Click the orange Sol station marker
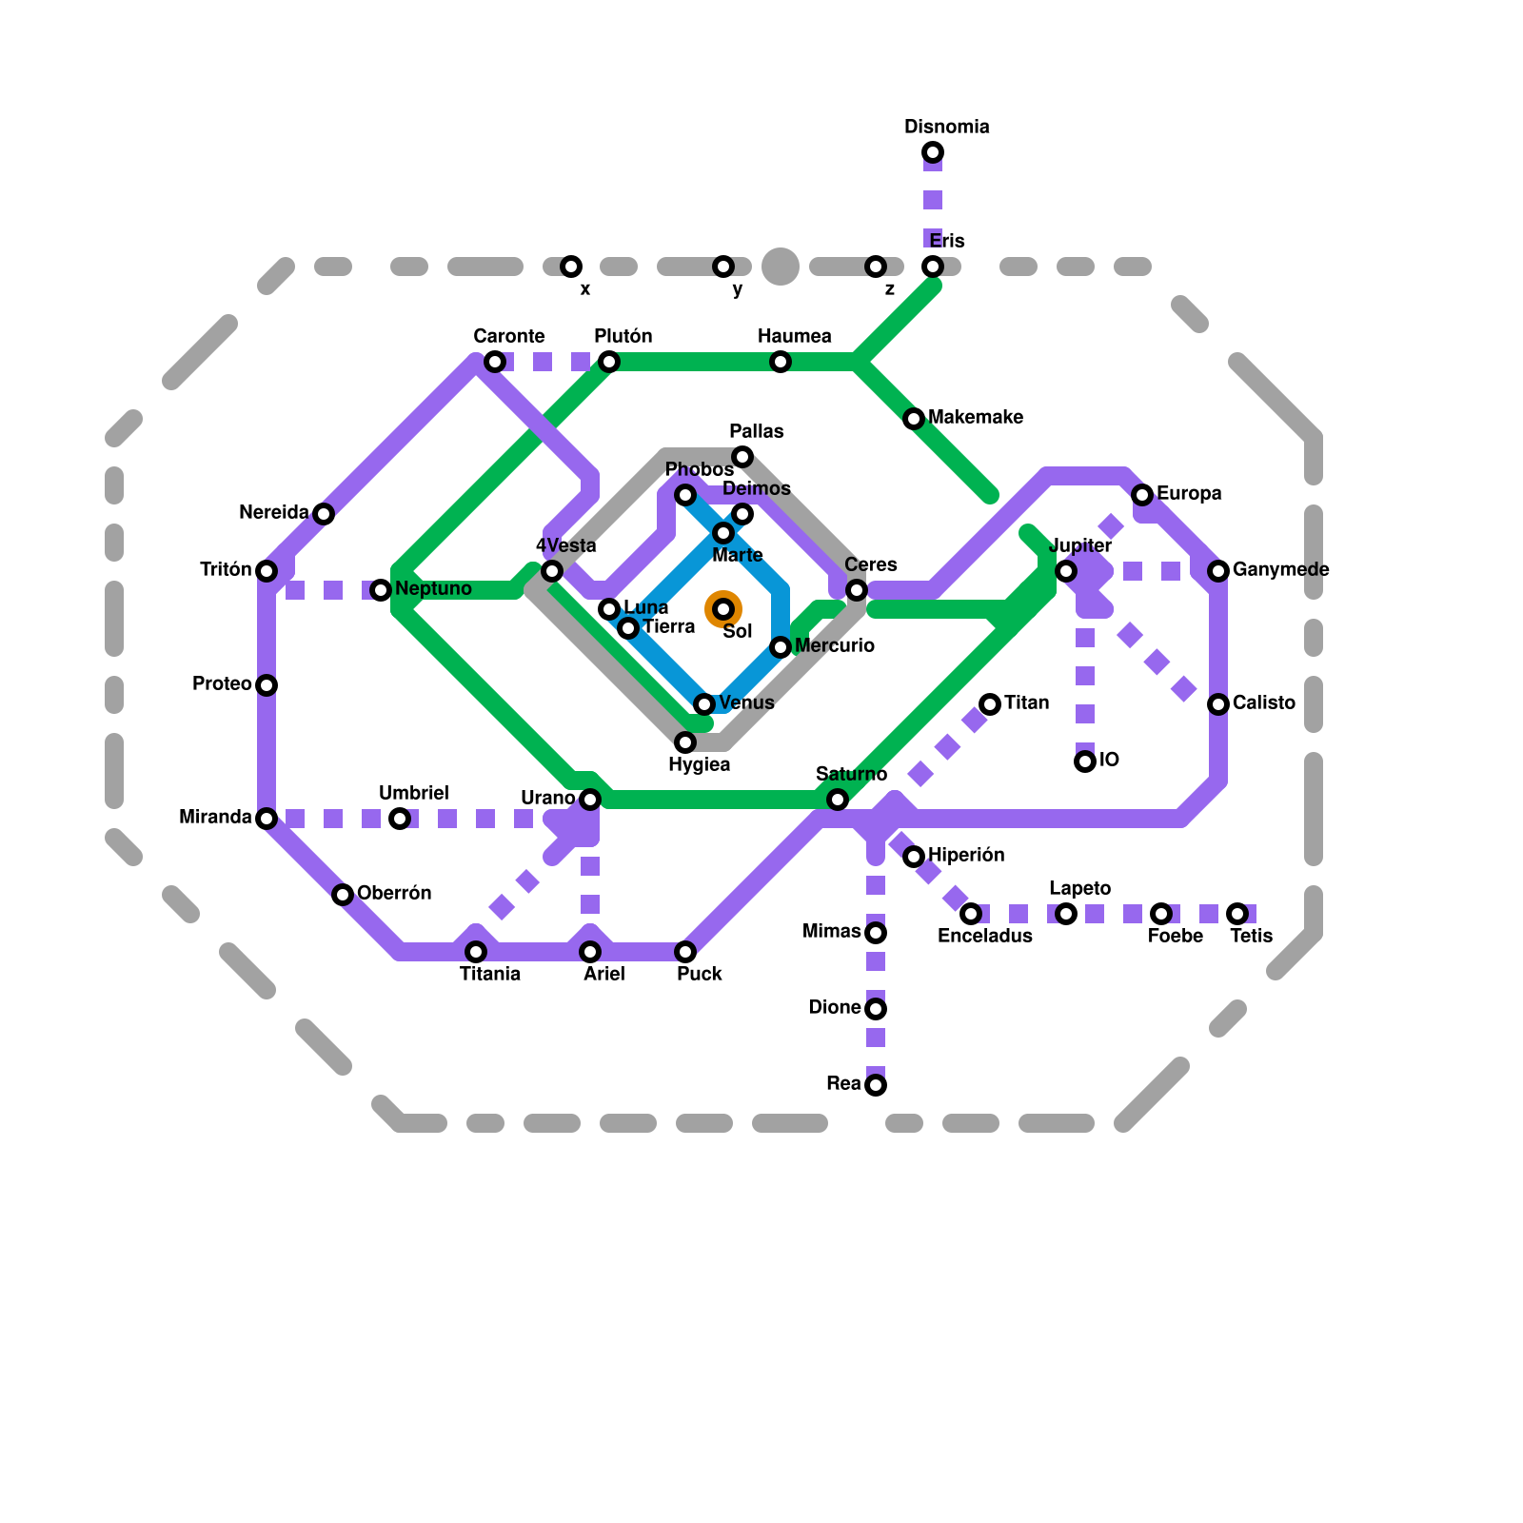723,609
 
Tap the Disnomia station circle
933,152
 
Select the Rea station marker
876,1085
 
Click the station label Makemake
975,417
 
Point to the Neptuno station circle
381,590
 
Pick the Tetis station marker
1237,914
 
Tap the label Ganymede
1280,569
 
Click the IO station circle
1085,761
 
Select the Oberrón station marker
343,895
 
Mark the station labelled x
571,267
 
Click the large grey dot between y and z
781,267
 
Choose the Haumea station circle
781,362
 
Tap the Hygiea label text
699,764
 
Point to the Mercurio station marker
781,647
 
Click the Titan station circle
990,704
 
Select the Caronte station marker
495,362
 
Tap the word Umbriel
413,793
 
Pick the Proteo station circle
267,685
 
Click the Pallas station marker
742,457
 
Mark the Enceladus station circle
971,914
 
